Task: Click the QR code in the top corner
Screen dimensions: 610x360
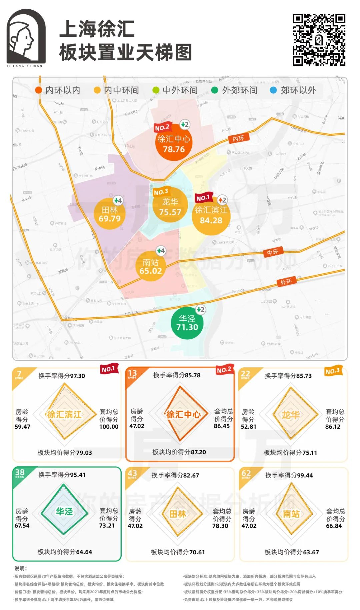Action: [319, 40]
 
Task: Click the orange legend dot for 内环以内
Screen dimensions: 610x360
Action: [39, 90]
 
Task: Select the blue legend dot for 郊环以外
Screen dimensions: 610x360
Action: [273, 90]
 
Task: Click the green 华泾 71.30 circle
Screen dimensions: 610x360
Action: [187, 323]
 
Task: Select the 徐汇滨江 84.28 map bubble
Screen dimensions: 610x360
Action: [211, 215]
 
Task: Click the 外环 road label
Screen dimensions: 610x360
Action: [286, 282]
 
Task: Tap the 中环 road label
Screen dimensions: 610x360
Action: [272, 252]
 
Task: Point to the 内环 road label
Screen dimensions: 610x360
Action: [238, 138]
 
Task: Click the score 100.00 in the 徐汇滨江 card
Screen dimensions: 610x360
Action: [109, 427]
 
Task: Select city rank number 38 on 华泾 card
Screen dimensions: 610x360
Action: [20, 472]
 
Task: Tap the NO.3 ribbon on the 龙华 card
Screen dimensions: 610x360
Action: [333, 371]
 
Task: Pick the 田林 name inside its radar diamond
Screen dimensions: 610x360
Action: [178, 514]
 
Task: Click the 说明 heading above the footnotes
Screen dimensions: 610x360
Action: [21, 568]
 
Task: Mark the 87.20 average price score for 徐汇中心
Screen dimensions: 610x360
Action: [198, 452]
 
